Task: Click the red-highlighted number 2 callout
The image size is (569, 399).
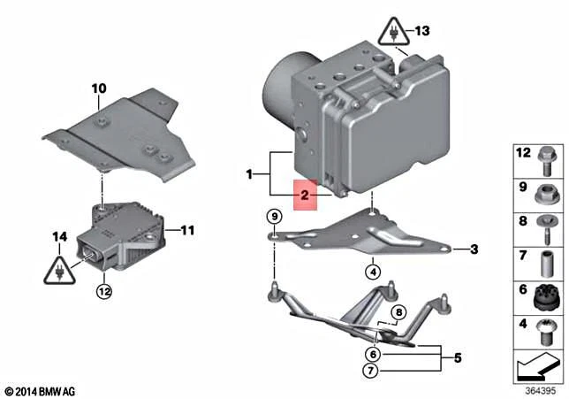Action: tap(305, 195)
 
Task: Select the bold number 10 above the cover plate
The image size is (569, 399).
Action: tap(98, 88)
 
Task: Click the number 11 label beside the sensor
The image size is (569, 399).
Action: tap(187, 231)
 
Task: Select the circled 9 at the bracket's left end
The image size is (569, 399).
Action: tap(275, 217)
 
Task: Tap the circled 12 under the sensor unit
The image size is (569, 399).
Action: tap(104, 289)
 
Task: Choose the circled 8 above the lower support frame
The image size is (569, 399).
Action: tap(398, 311)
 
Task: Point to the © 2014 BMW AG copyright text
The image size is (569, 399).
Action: tap(41, 390)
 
